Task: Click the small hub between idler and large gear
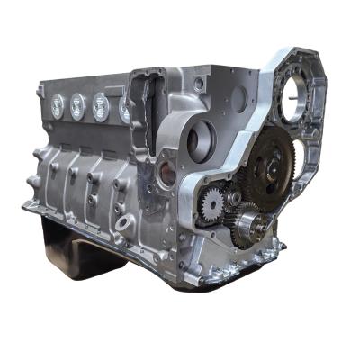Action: click(x=235, y=196)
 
